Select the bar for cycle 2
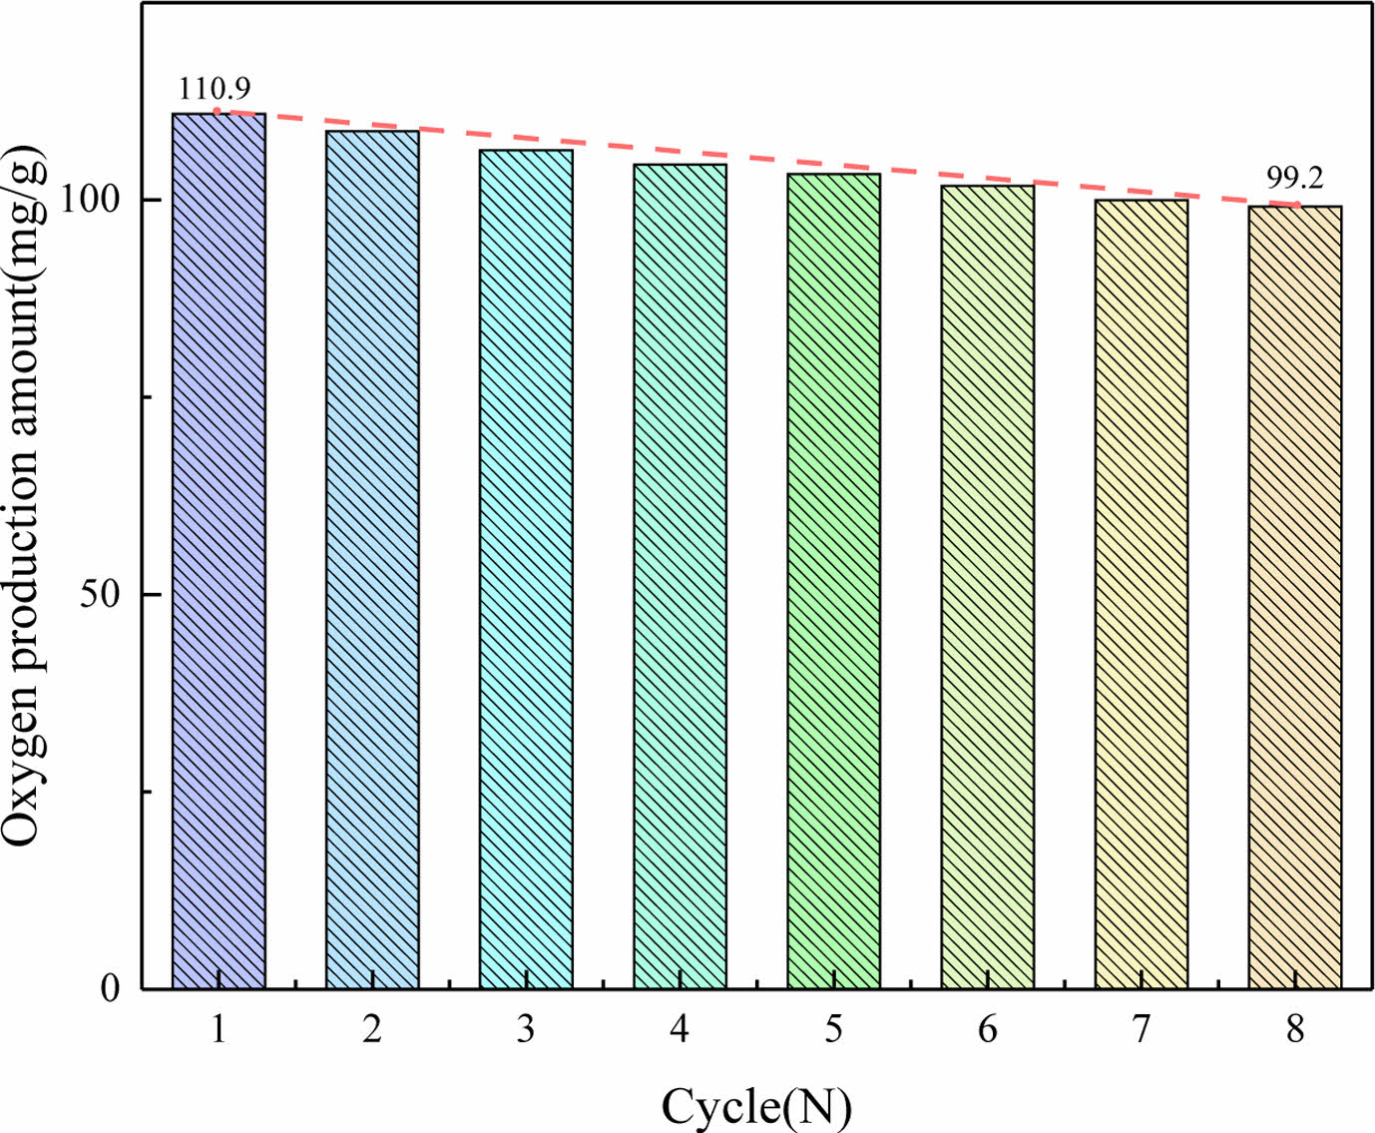coord(372,559)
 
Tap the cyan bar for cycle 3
coord(526,569)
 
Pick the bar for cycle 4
coord(680,576)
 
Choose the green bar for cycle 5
coord(833,581)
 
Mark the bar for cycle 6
coord(987,587)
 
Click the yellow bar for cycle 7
coord(1141,594)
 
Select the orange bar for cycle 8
coord(1294,597)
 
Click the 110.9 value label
coord(215,90)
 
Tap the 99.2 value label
coord(1294,178)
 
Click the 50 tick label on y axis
coord(100,594)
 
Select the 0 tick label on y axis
coord(110,988)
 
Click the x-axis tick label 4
coord(680,1028)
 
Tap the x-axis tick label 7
coord(1141,1028)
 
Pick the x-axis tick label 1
coord(219,1028)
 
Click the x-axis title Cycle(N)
coord(756,1106)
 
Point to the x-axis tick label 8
coord(1294,1028)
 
